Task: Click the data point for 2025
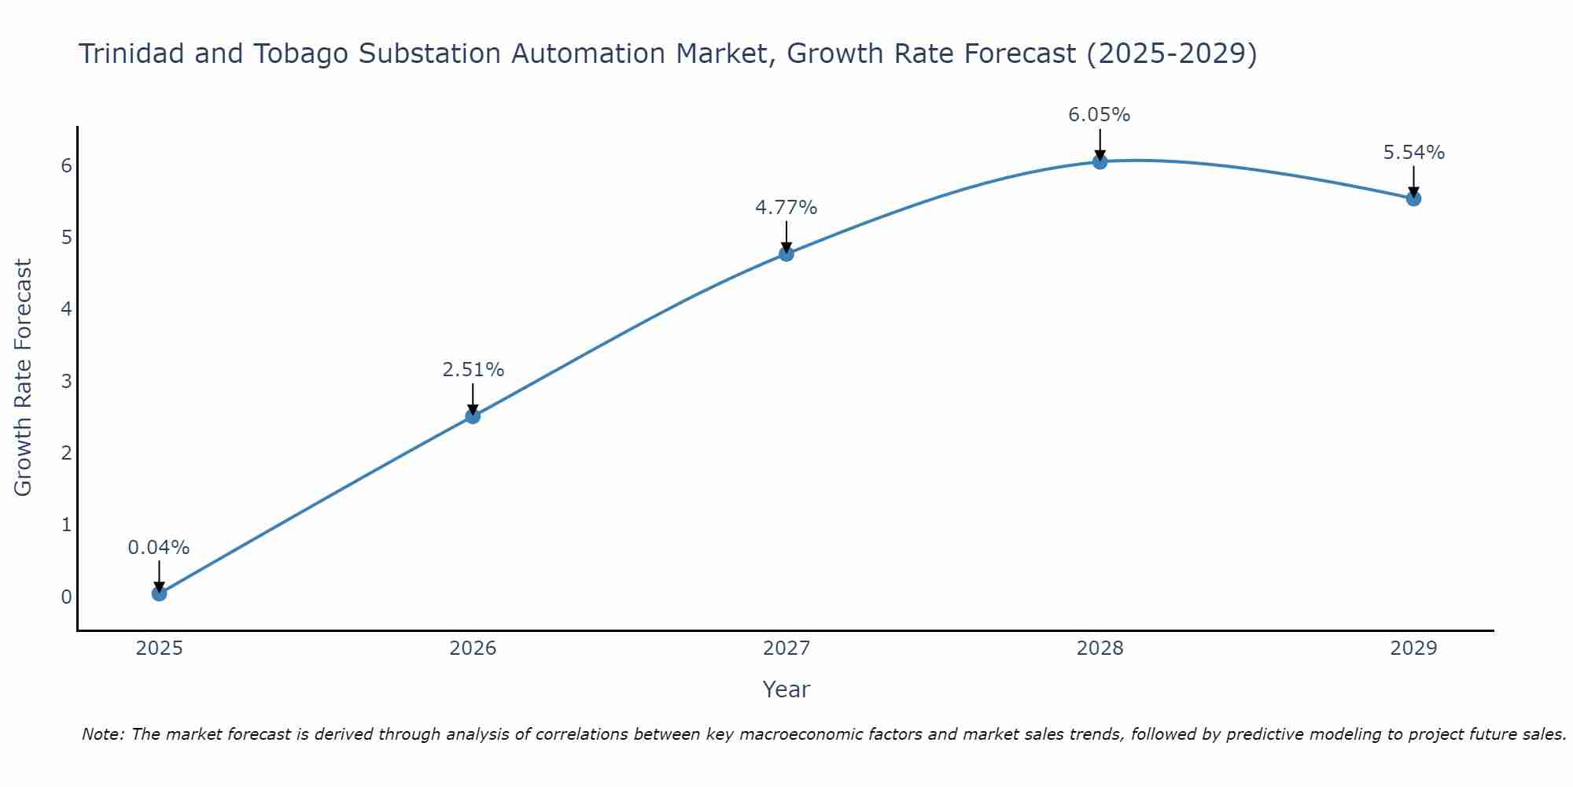(x=159, y=593)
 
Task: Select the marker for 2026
(x=473, y=416)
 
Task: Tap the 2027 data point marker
(x=786, y=253)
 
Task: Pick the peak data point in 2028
(x=1100, y=161)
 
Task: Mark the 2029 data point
(x=1413, y=198)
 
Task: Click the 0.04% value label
(x=159, y=548)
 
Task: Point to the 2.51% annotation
(x=473, y=370)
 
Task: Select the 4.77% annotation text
(x=786, y=208)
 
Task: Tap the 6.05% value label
(x=1100, y=115)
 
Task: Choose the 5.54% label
(x=1413, y=153)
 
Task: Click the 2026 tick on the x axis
(x=473, y=648)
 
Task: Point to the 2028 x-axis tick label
(x=1100, y=648)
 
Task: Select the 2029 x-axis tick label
(x=1413, y=648)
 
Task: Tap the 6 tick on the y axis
(x=66, y=165)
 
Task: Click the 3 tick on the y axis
(x=66, y=381)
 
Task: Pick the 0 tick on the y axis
(x=66, y=597)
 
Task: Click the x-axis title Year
(x=786, y=689)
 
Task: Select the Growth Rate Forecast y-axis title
(x=24, y=378)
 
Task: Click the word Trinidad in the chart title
(x=131, y=54)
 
